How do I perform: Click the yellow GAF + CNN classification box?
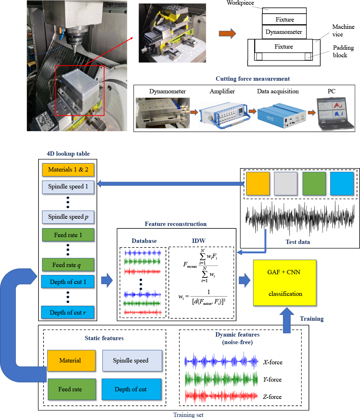point(284,283)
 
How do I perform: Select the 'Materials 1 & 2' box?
point(68,169)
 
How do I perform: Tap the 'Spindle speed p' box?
point(68,217)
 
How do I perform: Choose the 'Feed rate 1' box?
point(68,235)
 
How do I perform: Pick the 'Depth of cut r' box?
point(68,312)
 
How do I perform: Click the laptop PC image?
point(335,114)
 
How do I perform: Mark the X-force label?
point(272,362)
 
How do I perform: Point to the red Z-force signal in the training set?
point(221,396)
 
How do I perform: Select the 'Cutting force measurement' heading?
point(253,79)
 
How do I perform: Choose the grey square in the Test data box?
point(286,183)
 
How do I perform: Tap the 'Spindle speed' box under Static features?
point(131,360)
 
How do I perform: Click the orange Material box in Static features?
point(71,360)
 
